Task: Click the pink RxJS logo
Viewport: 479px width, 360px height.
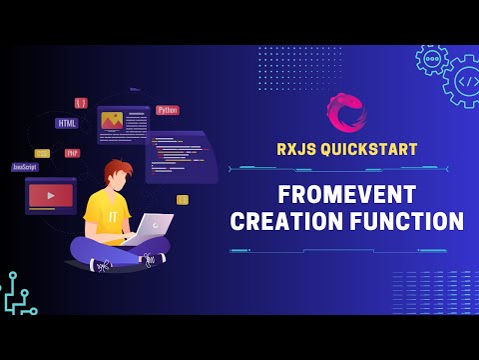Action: point(346,113)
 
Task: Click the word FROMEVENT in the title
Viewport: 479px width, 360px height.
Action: point(347,193)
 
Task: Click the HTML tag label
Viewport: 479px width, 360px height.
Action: point(67,123)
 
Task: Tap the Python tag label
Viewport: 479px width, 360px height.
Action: point(168,110)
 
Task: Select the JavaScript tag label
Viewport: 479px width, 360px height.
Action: point(25,167)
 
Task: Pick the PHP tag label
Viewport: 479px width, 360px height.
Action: point(72,153)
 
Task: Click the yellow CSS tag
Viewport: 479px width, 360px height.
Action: point(42,153)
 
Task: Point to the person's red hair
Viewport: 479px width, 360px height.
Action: point(116,170)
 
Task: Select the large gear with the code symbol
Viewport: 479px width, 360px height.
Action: point(464,80)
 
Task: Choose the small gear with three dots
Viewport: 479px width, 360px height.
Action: point(432,59)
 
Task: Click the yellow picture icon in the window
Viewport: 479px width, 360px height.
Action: point(112,122)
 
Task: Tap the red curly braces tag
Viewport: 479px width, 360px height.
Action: point(81,102)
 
